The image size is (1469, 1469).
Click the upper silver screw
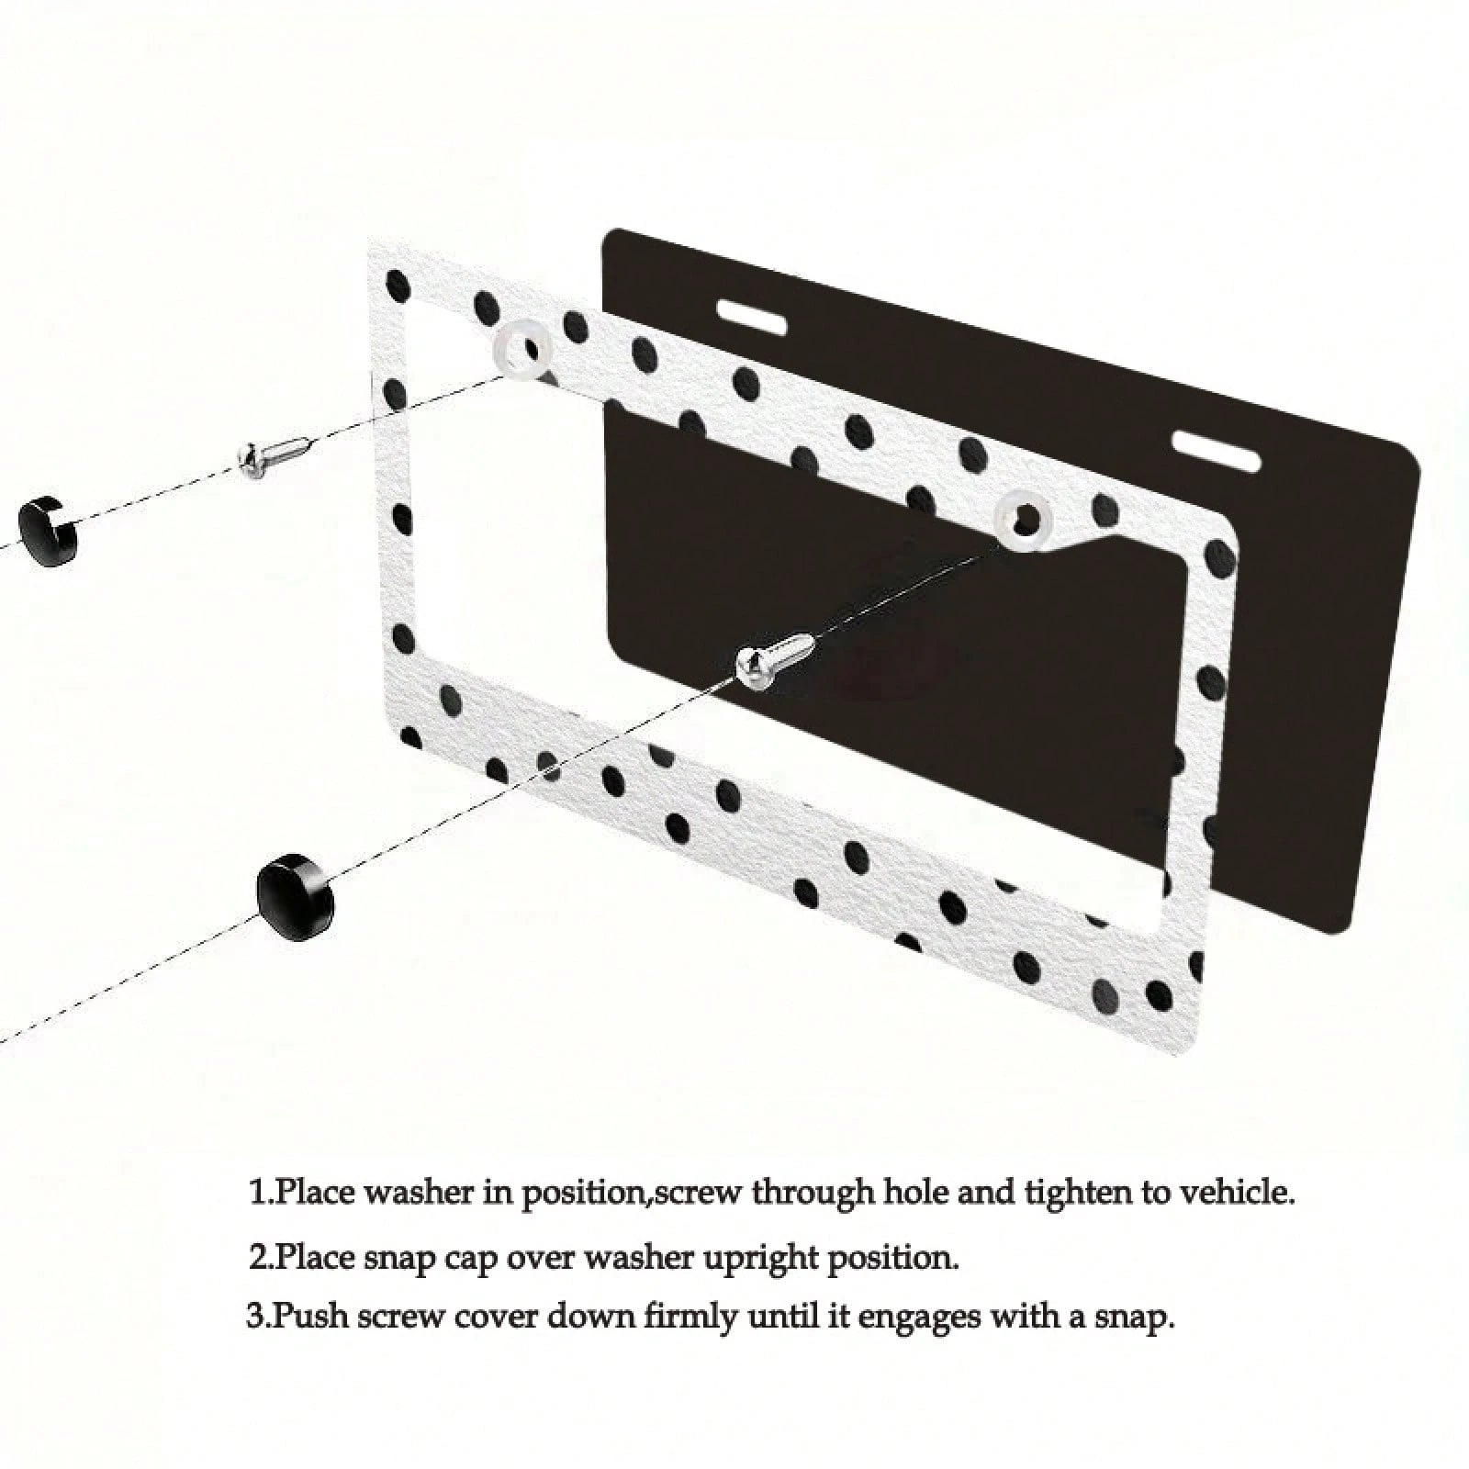(x=276, y=456)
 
